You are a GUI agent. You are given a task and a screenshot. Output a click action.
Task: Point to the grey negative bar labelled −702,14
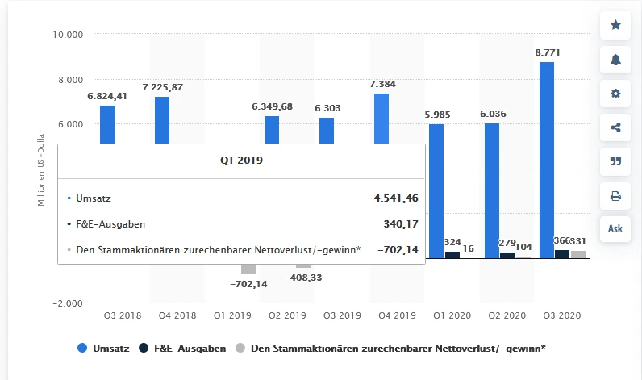point(248,269)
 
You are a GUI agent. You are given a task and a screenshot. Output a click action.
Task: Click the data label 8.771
point(548,52)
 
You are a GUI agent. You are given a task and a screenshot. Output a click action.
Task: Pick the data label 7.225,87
point(162,86)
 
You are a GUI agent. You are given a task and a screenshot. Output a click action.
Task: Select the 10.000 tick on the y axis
point(67,35)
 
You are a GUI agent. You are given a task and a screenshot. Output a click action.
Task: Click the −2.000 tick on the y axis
point(68,303)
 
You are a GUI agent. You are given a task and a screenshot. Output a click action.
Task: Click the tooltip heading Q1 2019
point(241,160)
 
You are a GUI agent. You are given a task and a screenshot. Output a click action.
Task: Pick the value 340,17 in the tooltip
point(399,223)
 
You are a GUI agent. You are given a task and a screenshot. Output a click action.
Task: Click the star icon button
point(615,25)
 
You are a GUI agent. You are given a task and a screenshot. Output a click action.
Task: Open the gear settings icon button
point(615,94)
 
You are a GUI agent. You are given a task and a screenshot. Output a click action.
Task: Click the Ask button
point(615,228)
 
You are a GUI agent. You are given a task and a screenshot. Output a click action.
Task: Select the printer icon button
point(615,195)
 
